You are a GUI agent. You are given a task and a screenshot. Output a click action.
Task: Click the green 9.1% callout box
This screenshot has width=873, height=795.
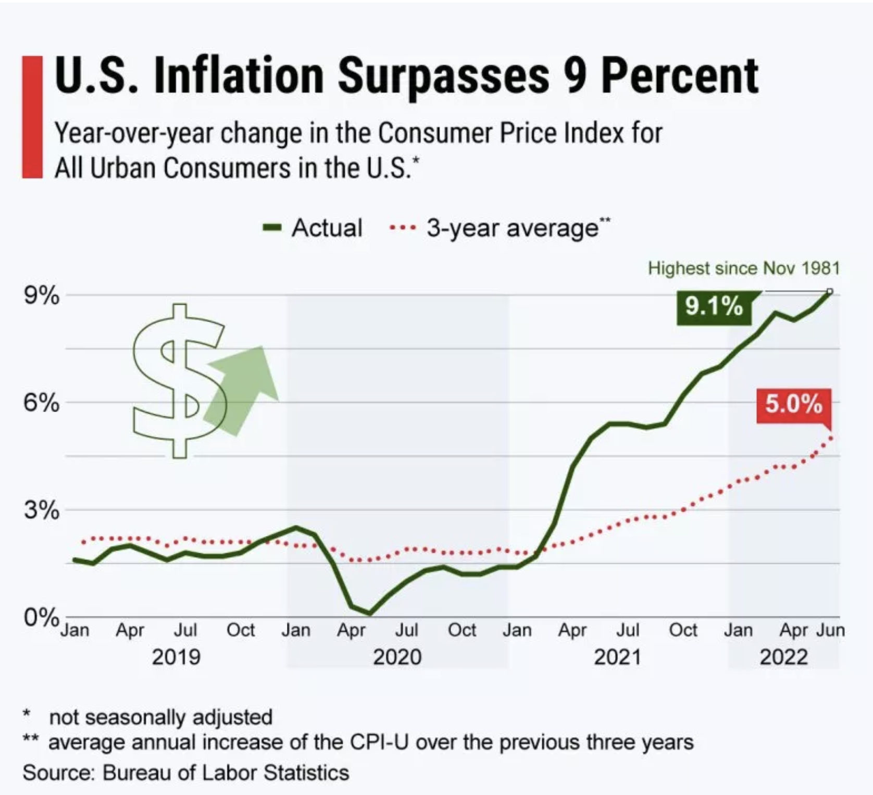[x=714, y=306]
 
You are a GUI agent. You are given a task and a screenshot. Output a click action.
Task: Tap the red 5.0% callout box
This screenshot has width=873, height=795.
[x=793, y=404]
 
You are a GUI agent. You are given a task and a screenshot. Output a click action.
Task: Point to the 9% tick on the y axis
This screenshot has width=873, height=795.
[x=41, y=296]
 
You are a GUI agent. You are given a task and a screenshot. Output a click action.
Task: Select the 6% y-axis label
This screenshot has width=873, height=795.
[x=41, y=403]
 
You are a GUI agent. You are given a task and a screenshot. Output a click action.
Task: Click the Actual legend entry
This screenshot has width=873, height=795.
[x=313, y=228]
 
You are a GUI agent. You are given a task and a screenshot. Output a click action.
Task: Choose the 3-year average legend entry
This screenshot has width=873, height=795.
[x=500, y=228]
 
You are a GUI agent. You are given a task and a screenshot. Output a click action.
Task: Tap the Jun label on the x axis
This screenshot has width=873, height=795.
[x=830, y=630]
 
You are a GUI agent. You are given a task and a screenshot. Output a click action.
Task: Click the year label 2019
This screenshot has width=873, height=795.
[x=176, y=657]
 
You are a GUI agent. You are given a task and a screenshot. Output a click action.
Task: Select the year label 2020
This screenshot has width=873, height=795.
[x=397, y=657]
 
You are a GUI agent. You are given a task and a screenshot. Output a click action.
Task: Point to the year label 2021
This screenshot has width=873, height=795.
[x=617, y=657]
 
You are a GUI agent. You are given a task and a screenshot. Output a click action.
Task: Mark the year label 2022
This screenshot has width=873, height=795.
[x=783, y=657]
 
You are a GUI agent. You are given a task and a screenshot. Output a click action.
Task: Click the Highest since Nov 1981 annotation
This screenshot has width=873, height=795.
[x=743, y=268]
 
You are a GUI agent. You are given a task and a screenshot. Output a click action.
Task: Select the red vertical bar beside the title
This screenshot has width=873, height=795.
[x=32, y=117]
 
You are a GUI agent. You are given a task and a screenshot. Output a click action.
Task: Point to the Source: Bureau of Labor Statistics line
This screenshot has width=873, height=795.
[x=185, y=773]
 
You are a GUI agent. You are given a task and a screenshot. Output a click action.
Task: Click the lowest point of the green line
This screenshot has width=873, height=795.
[x=369, y=613]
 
